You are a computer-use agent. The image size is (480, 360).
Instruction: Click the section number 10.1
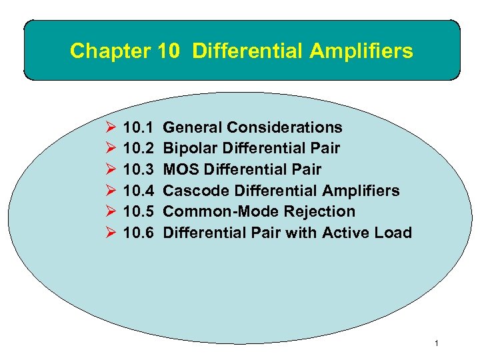click(x=139, y=127)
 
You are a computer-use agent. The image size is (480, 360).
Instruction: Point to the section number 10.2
click(x=139, y=148)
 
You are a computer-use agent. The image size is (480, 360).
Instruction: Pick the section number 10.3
click(x=139, y=169)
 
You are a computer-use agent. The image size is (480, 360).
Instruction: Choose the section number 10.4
click(x=139, y=191)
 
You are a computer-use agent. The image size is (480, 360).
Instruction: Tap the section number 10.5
click(x=139, y=211)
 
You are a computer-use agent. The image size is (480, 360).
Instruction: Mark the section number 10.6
click(x=139, y=233)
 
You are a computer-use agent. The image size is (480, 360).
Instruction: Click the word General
click(x=193, y=127)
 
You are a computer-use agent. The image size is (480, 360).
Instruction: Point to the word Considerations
click(x=285, y=127)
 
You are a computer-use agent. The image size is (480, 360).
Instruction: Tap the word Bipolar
click(x=189, y=148)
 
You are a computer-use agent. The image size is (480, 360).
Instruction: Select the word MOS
click(x=179, y=169)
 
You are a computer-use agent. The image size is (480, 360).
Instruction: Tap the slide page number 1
click(x=435, y=343)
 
